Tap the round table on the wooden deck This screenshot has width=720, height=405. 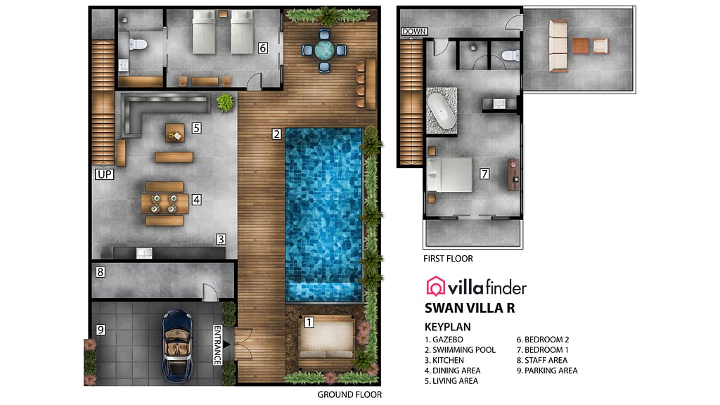point(325,49)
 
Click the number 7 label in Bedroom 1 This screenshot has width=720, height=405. point(484,174)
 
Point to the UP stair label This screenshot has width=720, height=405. point(104,174)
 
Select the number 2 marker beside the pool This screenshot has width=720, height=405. point(277,134)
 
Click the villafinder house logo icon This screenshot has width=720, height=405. point(436,285)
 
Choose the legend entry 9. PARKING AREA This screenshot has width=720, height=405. point(547,371)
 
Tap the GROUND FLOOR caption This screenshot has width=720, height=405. point(349,394)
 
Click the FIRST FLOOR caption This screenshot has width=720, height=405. point(448,259)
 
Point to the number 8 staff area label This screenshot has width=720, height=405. point(101,272)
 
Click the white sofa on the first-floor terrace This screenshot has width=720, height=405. point(558,46)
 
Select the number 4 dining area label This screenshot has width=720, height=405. point(197,200)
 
